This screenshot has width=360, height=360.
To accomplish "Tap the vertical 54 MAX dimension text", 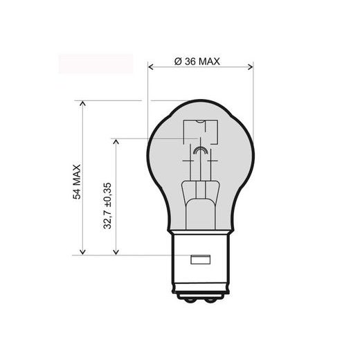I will pos(77,182).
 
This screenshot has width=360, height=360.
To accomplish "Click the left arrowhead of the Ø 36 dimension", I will pos(152,67).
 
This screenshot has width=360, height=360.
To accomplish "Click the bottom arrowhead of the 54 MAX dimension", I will pos(83,253).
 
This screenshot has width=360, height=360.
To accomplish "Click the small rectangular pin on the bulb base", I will pos(199,260).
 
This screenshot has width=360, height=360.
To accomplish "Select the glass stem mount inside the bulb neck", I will pos(199,201).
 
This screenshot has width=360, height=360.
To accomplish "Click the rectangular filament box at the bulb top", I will pos(199,132).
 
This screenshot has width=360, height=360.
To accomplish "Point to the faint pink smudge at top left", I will pos(96,63).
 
